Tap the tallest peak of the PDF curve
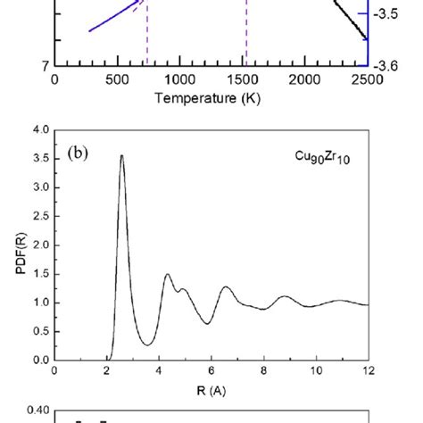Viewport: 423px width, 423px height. point(121,156)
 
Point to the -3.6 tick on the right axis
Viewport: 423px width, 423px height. point(389,64)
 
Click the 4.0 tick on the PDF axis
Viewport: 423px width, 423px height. point(37,130)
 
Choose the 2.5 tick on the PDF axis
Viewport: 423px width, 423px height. point(37,216)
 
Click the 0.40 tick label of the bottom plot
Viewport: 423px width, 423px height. point(33,412)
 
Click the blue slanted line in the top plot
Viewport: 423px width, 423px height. point(112,18)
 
